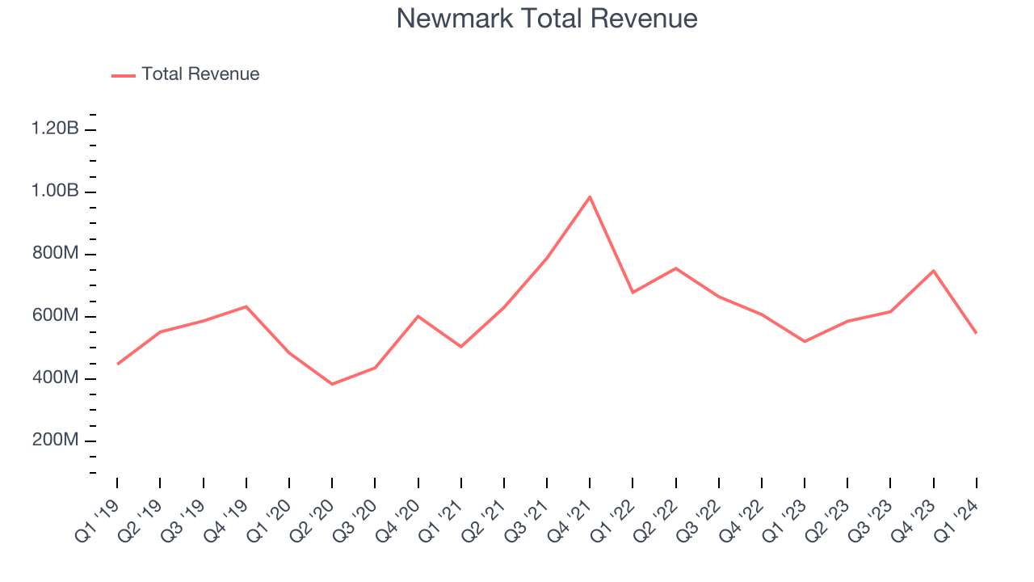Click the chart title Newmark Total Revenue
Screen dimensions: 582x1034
coord(547,19)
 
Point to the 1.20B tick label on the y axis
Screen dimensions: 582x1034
coord(55,129)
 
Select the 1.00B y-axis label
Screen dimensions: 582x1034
coord(55,192)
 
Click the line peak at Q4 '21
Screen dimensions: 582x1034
coord(590,196)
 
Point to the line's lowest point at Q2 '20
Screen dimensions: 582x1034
coord(332,384)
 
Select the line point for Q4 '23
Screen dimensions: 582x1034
coord(934,271)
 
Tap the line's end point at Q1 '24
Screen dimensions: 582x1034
coord(977,333)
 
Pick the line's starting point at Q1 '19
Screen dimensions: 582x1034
coord(117,365)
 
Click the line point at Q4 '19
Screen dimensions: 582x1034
coord(246,306)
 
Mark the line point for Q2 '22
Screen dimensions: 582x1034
coord(675,268)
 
